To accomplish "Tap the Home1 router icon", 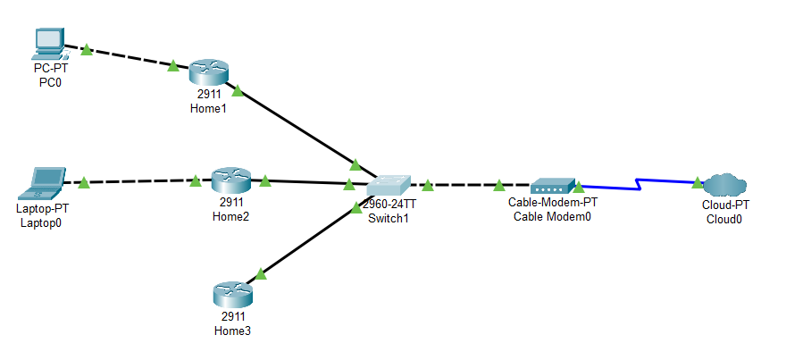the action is (x=208, y=72).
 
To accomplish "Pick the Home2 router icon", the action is (x=230, y=180).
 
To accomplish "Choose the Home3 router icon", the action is (x=232, y=295).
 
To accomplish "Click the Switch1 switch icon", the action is (x=389, y=186).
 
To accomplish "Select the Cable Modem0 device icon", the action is (x=552, y=186).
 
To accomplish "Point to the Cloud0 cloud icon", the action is (x=725, y=185).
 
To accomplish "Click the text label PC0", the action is (x=50, y=82).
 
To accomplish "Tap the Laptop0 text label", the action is (x=41, y=222).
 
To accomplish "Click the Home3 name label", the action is (x=232, y=331).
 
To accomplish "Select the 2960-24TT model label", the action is (x=389, y=205).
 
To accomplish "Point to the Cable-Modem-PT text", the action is (x=553, y=203).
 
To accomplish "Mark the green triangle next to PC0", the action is (x=87, y=49).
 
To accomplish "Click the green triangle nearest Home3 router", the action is (x=261, y=273).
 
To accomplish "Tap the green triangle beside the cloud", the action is (x=697, y=182).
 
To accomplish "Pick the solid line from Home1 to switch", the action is (x=300, y=130).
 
